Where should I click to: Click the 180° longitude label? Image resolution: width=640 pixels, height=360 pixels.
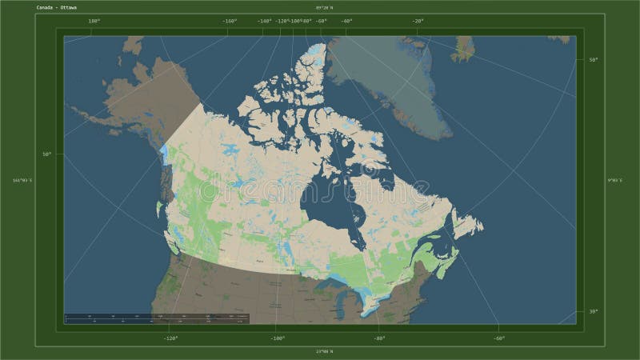pos(94,22)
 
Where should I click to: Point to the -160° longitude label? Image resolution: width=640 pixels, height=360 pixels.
pos(230,22)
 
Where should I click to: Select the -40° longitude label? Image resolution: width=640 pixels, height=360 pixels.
pos(346,22)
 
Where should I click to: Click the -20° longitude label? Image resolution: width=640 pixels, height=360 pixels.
pos(418,22)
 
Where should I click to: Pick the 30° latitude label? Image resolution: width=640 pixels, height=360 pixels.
pos(592,311)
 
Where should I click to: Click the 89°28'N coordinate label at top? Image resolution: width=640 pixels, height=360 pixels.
pos(324,8)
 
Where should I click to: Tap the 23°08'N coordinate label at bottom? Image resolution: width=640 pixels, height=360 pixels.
pos(324,352)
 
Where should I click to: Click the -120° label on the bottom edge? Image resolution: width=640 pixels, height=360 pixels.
pos(170,338)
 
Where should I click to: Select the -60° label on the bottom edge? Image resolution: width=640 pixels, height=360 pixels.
pos(498,338)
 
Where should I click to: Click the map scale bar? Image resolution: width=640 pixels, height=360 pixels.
pos(157,318)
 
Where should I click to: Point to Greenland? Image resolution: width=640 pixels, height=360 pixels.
pos(392,80)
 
